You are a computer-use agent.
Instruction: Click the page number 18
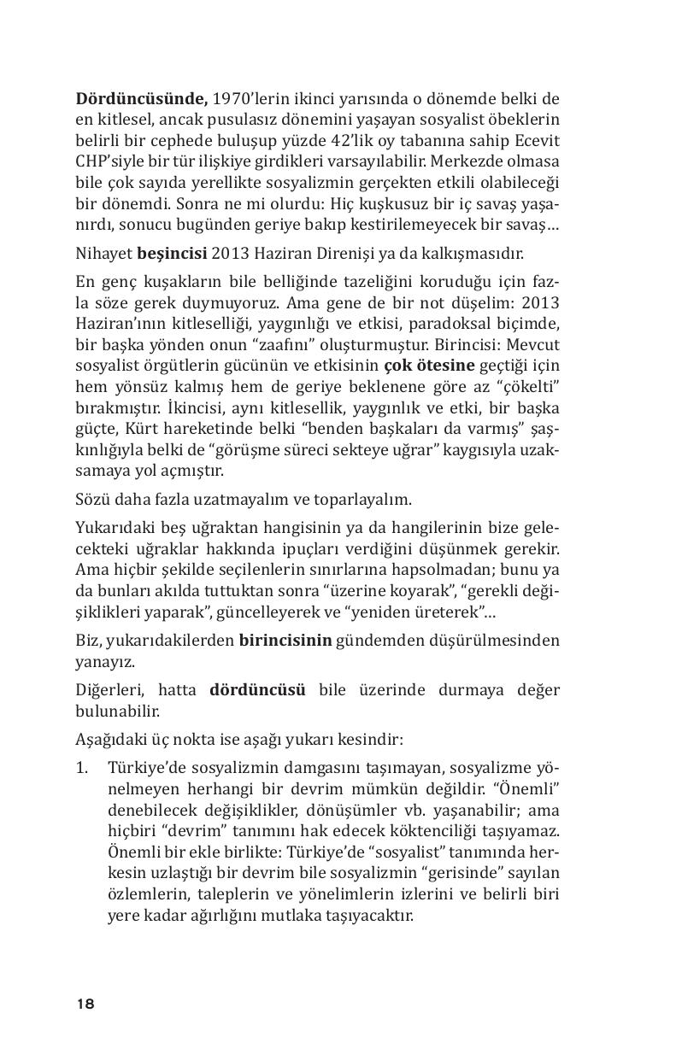[85, 1004]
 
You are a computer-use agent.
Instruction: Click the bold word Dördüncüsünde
[142, 98]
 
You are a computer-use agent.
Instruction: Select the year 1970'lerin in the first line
[246, 98]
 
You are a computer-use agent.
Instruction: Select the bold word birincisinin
[285, 641]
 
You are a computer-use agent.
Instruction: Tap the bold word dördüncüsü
[257, 689]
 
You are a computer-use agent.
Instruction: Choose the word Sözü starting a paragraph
[92, 499]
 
